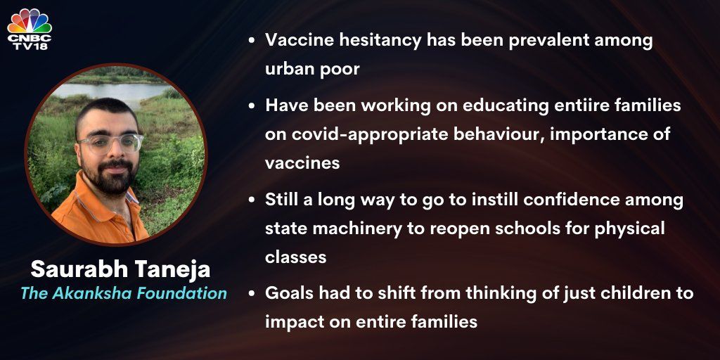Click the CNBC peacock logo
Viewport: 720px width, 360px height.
click(30, 21)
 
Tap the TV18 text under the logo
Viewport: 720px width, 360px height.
click(30, 46)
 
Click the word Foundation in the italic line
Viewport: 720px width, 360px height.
click(180, 294)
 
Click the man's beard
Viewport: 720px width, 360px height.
click(111, 176)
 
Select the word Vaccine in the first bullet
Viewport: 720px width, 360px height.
click(301, 41)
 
